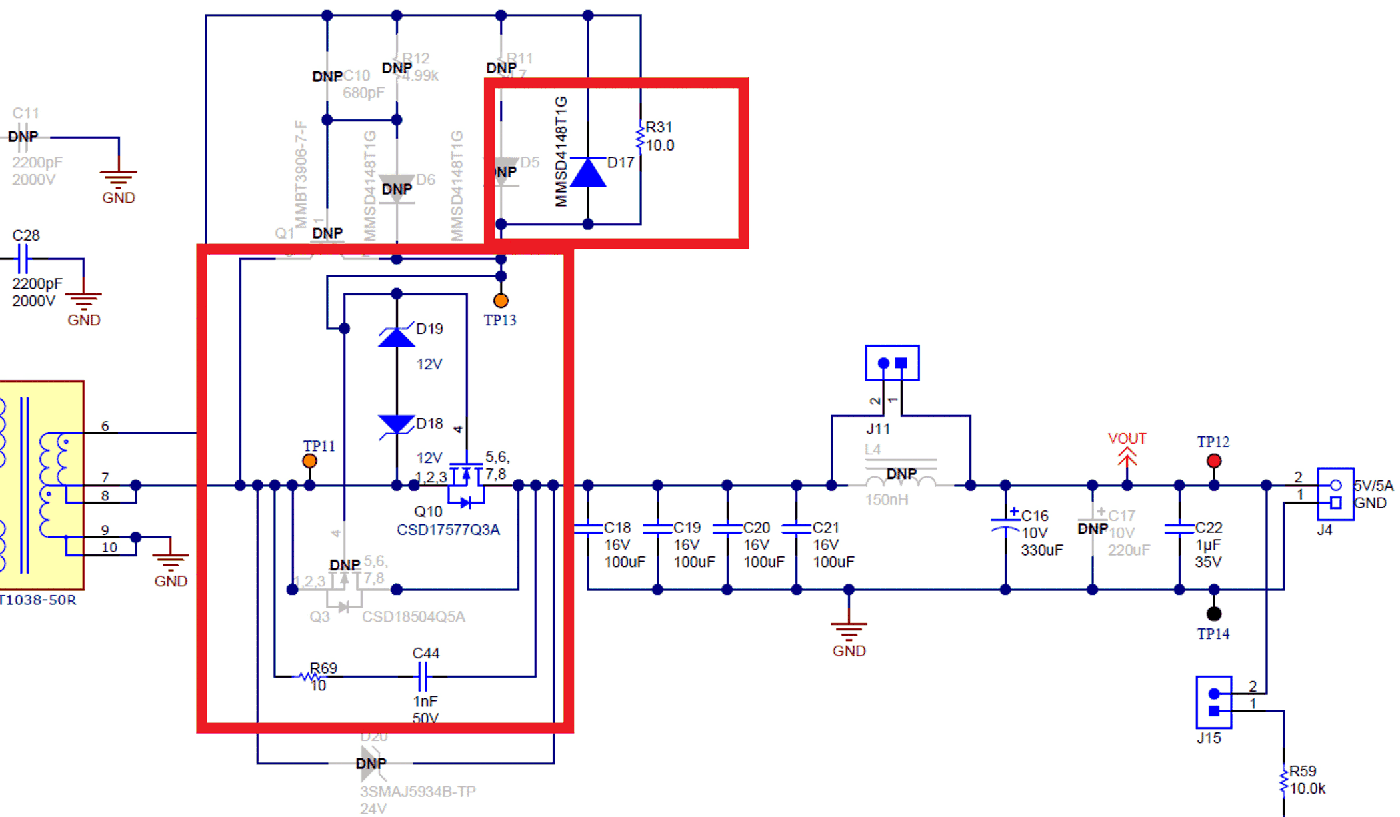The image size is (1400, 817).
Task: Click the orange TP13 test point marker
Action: [501, 301]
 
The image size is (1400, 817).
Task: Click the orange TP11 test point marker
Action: [309, 461]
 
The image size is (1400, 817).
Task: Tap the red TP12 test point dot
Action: [1214, 461]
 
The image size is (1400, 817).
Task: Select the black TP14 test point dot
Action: [1214, 614]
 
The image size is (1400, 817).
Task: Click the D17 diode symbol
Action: [588, 173]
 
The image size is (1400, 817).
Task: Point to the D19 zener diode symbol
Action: [397, 337]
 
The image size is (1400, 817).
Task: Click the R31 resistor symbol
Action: [640, 137]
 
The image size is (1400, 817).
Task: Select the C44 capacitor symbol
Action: [422, 676]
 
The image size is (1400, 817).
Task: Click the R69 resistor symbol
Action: [310, 677]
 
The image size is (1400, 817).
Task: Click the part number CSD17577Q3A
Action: [448, 530]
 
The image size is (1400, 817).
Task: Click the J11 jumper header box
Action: [892, 363]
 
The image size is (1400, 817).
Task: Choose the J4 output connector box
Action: [1335, 494]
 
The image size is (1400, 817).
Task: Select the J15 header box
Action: [1213, 702]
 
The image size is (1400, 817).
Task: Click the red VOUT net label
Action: [1127, 438]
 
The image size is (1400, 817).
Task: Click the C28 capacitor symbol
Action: [23, 259]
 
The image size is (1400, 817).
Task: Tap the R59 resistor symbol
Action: [1283, 780]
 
